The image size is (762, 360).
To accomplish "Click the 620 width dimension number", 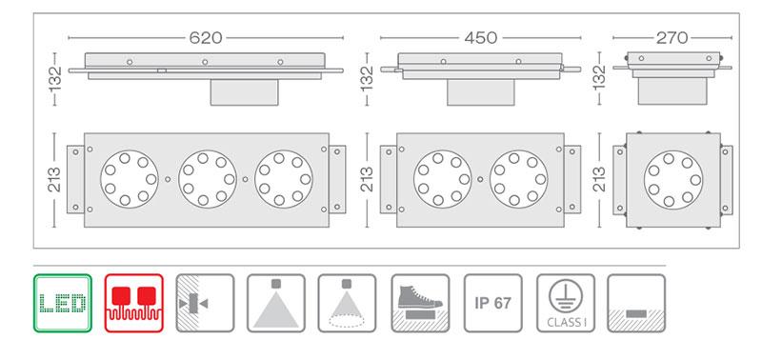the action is tap(206, 37).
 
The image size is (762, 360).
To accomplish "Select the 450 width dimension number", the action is tap(481, 37).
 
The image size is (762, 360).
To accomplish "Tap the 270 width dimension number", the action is tap(672, 37).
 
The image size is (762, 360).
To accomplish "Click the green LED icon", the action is tap(63, 303).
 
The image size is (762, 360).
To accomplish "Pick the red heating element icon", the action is tap(134, 303).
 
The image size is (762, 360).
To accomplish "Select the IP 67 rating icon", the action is tap(493, 303).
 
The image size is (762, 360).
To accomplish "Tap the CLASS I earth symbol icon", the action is tap(566, 303).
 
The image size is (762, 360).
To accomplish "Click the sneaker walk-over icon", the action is tap(420, 303).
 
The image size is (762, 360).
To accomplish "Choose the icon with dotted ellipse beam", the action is tap(347, 303).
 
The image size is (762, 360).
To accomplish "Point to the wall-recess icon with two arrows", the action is tap(205, 303).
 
